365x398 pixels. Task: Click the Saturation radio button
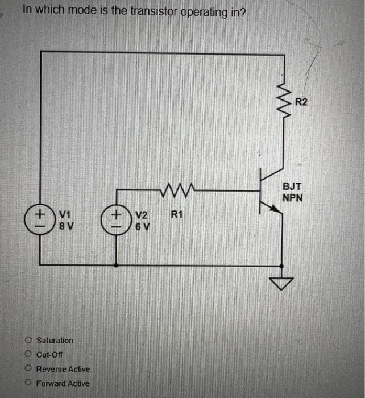tap(28, 341)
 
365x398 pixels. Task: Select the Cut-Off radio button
tap(28, 354)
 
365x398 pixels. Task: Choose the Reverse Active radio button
tap(28, 369)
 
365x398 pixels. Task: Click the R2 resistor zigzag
tap(283, 99)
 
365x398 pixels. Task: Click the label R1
tap(177, 215)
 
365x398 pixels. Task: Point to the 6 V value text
tap(142, 226)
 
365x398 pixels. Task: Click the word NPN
tap(293, 198)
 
